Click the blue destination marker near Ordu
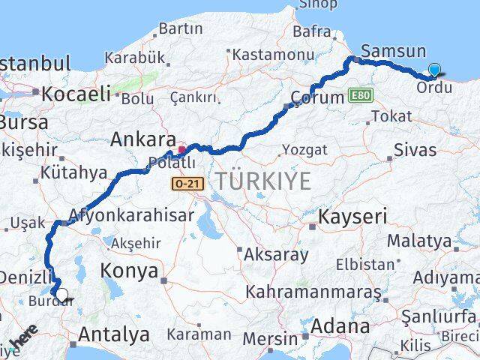point(435,70)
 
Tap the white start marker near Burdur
point(61,295)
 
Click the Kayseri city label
point(352,218)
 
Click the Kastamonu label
point(262,55)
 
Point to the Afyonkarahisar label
point(132,215)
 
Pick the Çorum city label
point(317,98)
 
